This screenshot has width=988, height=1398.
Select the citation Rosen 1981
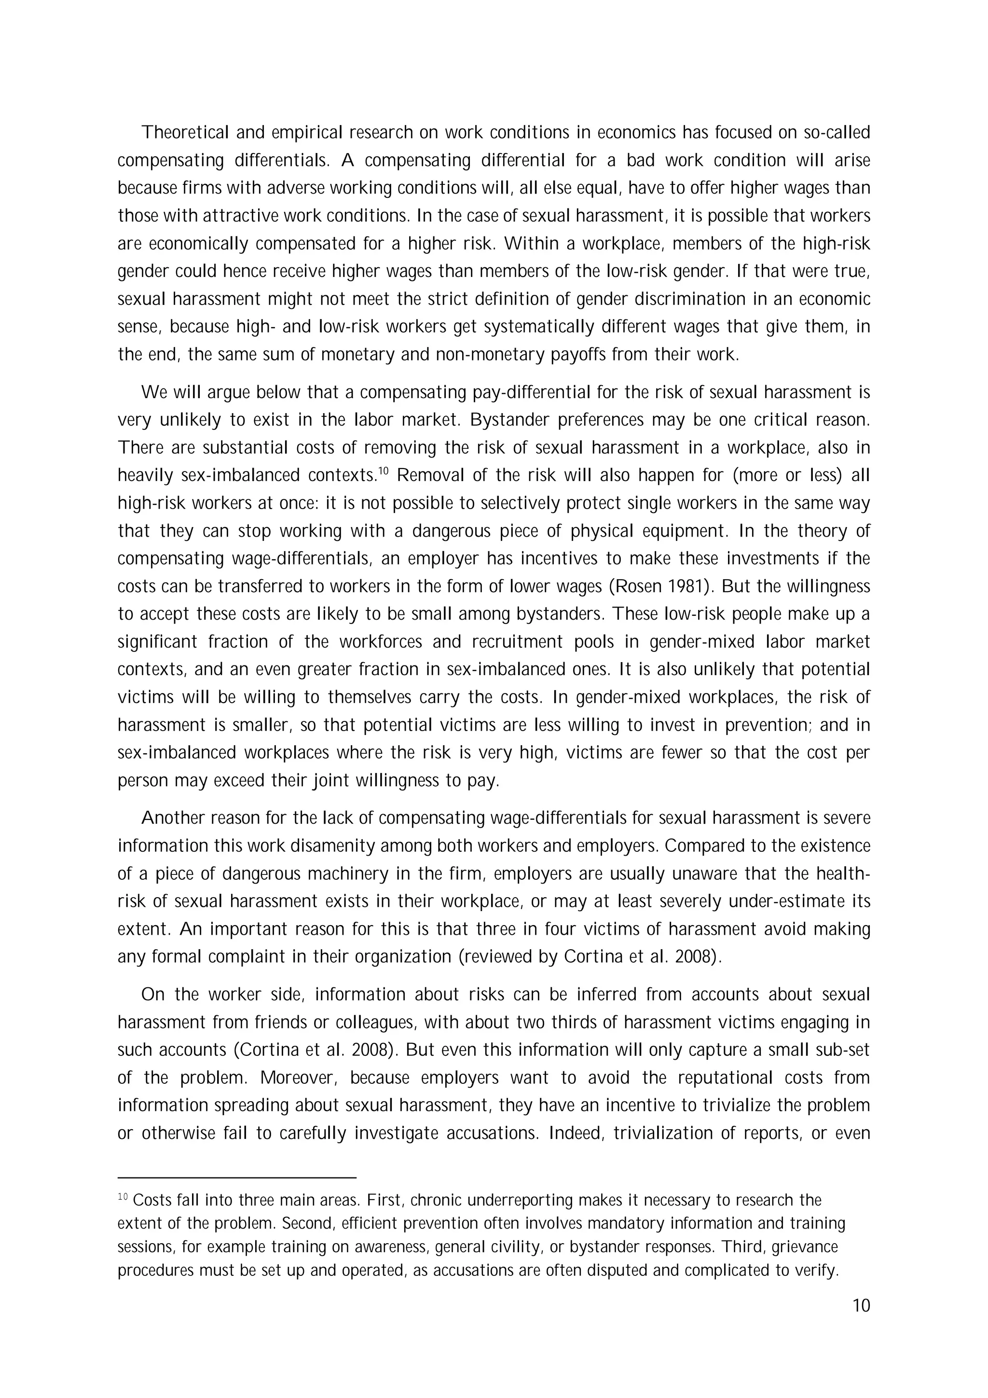(x=659, y=586)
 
